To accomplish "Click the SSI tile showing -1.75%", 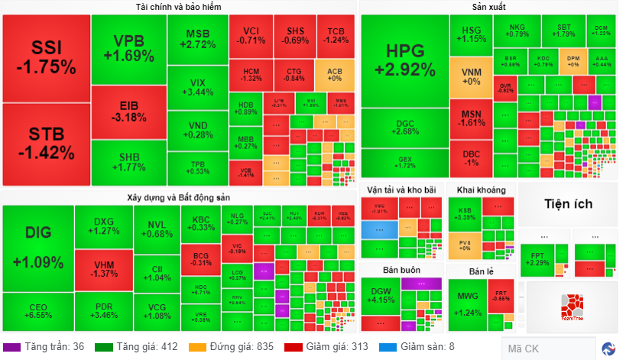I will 46,57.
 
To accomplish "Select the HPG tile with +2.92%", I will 404,61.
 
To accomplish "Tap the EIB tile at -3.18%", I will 128,111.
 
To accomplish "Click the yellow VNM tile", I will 471,76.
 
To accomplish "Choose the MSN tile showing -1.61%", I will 471,118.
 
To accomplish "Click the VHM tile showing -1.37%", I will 104,268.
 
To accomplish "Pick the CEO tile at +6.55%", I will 37,310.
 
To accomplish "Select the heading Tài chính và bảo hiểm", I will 178,7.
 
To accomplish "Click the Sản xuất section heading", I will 490,7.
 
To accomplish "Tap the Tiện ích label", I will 568,204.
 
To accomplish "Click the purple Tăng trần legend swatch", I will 11,347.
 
